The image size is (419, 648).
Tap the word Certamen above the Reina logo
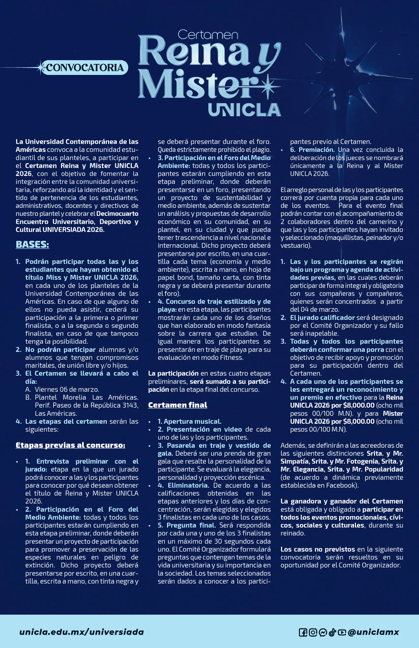[208, 35]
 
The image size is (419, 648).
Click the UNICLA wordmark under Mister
[244, 110]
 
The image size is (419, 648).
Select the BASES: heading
[33, 244]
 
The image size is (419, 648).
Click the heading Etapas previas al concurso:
[71, 445]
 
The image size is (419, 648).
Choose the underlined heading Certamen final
[178, 405]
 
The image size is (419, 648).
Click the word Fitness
[231, 358]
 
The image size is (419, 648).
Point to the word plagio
[262, 150]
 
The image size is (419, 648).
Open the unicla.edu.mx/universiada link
[81, 632]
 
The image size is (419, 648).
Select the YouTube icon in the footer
[342, 632]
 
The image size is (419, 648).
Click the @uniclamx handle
[373, 632]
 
